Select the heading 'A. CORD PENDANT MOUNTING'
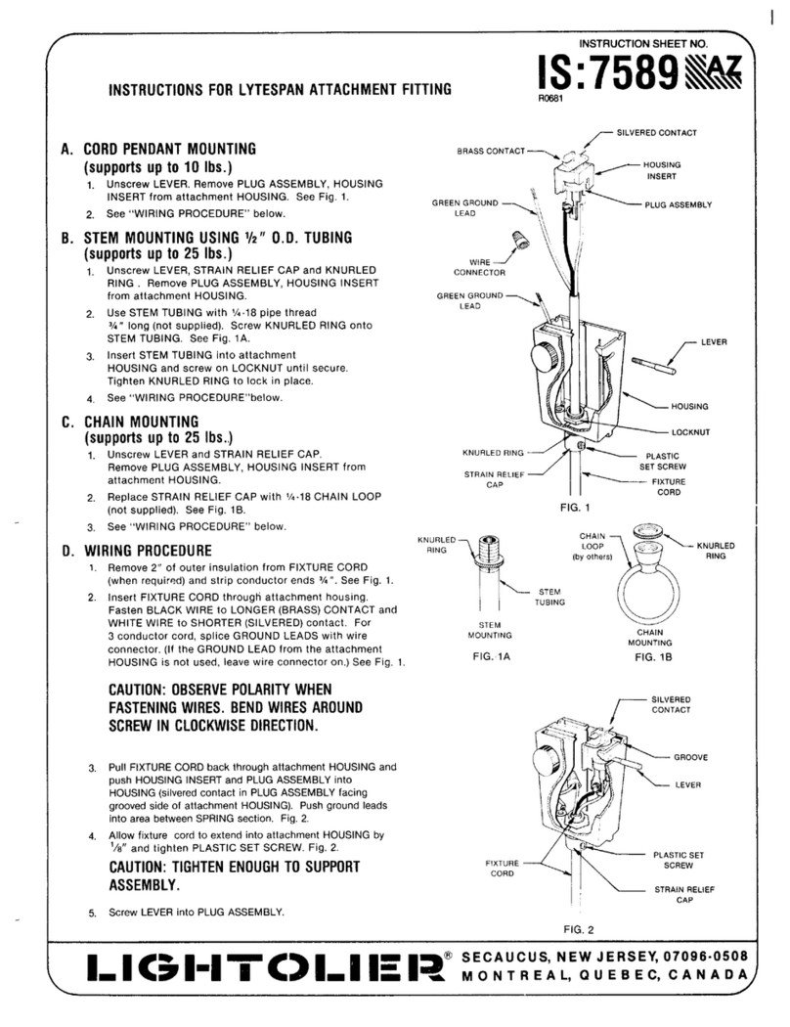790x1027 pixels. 166,150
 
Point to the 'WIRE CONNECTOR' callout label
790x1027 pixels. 472,267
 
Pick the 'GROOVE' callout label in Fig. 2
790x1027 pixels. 690,757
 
